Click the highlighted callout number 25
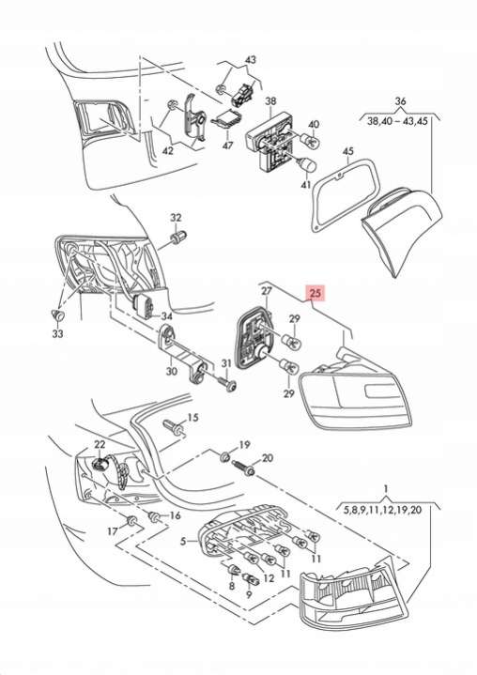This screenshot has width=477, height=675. [x=315, y=294]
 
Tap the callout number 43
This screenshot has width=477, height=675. [x=250, y=60]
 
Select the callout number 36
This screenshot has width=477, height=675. [x=400, y=101]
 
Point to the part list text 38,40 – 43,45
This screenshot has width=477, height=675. [x=397, y=121]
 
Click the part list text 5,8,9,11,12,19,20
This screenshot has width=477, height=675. [x=382, y=510]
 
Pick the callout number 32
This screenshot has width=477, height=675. [x=177, y=218]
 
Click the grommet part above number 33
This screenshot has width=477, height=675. [x=57, y=315]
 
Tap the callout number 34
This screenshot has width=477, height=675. [x=166, y=316]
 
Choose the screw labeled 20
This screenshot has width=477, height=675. [x=244, y=468]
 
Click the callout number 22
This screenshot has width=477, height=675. [x=100, y=444]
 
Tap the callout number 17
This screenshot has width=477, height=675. [x=113, y=531]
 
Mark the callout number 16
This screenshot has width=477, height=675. [x=176, y=515]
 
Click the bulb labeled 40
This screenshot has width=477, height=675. [x=310, y=140]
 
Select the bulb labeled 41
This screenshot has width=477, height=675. [x=308, y=163]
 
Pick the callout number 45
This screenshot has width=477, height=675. [x=347, y=151]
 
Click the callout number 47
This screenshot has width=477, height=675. [x=227, y=146]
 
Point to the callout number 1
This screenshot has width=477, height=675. [x=386, y=489]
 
